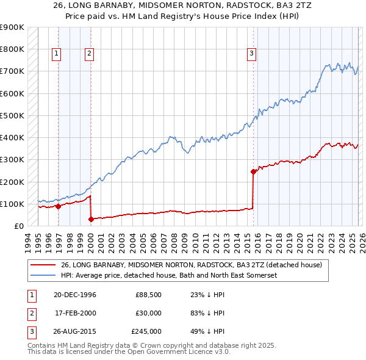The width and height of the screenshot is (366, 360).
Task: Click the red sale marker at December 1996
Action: coord(59,206)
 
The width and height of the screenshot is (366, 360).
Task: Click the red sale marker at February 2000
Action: coord(91,219)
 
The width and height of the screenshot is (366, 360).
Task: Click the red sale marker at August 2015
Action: coord(253,171)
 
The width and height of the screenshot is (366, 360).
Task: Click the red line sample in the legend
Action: coord(43,265)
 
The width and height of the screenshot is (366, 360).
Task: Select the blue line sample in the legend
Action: coord(43,275)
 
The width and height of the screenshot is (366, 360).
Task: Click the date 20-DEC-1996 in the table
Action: coord(75,295)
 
